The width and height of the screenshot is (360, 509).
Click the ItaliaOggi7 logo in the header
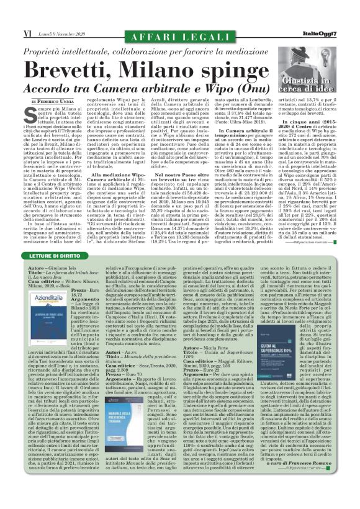[x=333, y=9]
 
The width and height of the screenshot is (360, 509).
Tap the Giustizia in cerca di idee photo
[x=318, y=74]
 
